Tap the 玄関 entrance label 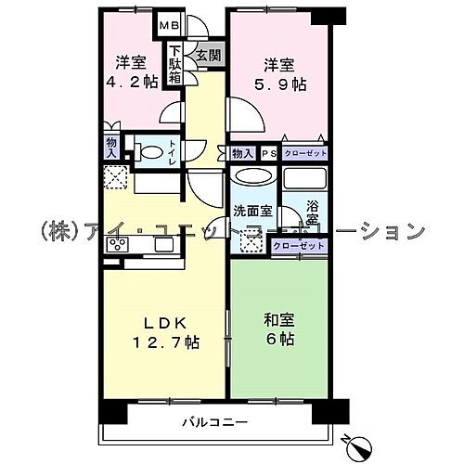(207, 56)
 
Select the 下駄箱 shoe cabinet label (174, 65)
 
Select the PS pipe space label (267, 153)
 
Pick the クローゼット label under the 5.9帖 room (304, 153)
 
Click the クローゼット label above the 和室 (298, 246)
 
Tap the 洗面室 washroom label (251, 211)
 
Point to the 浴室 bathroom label (313, 217)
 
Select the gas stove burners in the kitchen (119, 245)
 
